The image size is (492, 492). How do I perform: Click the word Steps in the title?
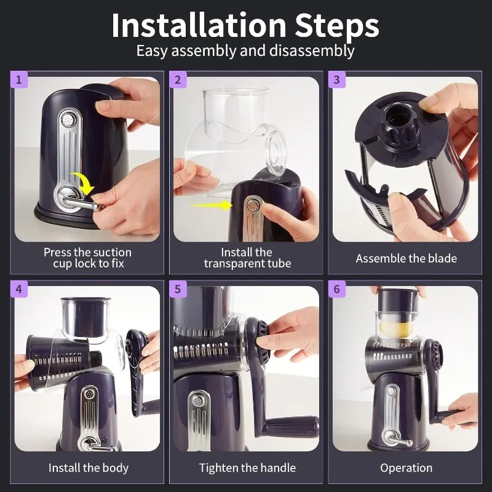pyautogui.click(x=328, y=25)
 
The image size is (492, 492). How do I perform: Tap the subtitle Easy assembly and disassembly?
pyautogui.click(x=245, y=50)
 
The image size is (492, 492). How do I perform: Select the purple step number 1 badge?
pyautogui.click(x=18, y=79)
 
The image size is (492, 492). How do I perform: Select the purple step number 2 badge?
pyautogui.click(x=178, y=79)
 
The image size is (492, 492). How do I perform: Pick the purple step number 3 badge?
pyautogui.click(x=336, y=79)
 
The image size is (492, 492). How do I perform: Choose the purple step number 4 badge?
pyautogui.click(x=18, y=288)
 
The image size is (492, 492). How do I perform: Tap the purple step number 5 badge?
pyautogui.click(x=178, y=288)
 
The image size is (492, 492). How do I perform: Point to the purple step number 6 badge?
pyautogui.click(x=336, y=288)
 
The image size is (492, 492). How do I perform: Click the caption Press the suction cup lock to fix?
pyautogui.click(x=87, y=258)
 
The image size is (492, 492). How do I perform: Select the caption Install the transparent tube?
pyautogui.click(x=247, y=258)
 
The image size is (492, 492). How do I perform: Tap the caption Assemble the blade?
pyautogui.click(x=406, y=258)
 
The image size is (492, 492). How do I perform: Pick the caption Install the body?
pyautogui.click(x=89, y=468)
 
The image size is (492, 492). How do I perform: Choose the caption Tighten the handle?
pyautogui.click(x=247, y=468)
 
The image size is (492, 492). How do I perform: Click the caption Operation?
pyautogui.click(x=406, y=468)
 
